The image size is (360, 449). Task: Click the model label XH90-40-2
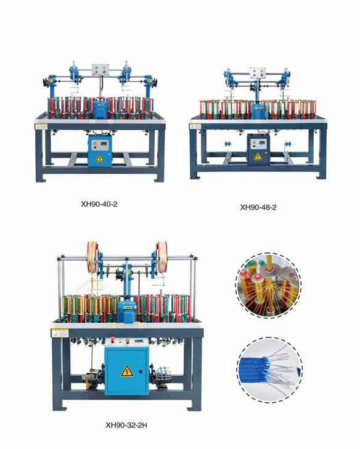[x=99, y=204]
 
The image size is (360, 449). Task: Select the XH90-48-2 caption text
[x=258, y=207]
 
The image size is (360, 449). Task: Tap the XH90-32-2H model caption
[x=126, y=425]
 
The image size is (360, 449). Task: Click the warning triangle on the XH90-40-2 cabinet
[x=100, y=158]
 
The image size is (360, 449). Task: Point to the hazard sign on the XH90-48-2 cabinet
[x=258, y=157]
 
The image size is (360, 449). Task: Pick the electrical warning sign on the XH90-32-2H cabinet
[x=127, y=371]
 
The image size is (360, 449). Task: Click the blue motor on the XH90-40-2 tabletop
[x=100, y=109]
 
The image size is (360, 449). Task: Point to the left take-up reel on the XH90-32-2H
[x=92, y=257]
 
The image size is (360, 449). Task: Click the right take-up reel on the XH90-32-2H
[x=162, y=257]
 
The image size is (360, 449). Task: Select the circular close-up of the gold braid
[x=268, y=285]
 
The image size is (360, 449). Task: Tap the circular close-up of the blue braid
[x=270, y=369]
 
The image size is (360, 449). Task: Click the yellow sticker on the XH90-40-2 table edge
[x=41, y=126]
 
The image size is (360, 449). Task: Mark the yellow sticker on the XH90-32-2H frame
[x=60, y=333]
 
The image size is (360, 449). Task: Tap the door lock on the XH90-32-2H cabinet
[x=141, y=372]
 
